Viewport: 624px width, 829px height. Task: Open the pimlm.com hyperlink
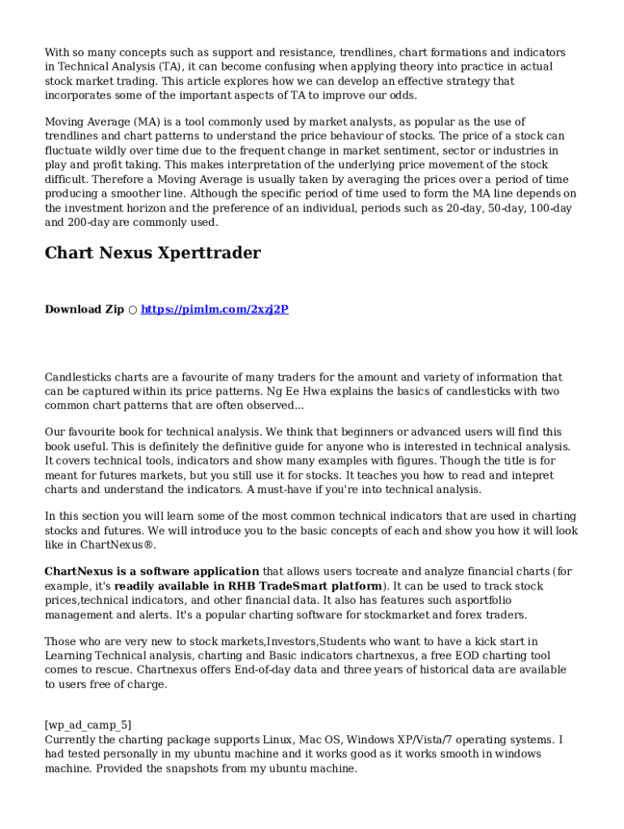coord(215,309)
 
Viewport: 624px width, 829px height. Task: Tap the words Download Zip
coord(84,309)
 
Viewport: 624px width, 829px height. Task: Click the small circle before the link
coord(132,309)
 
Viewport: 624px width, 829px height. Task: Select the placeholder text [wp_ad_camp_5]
coord(88,725)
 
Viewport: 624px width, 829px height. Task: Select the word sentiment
coord(380,151)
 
